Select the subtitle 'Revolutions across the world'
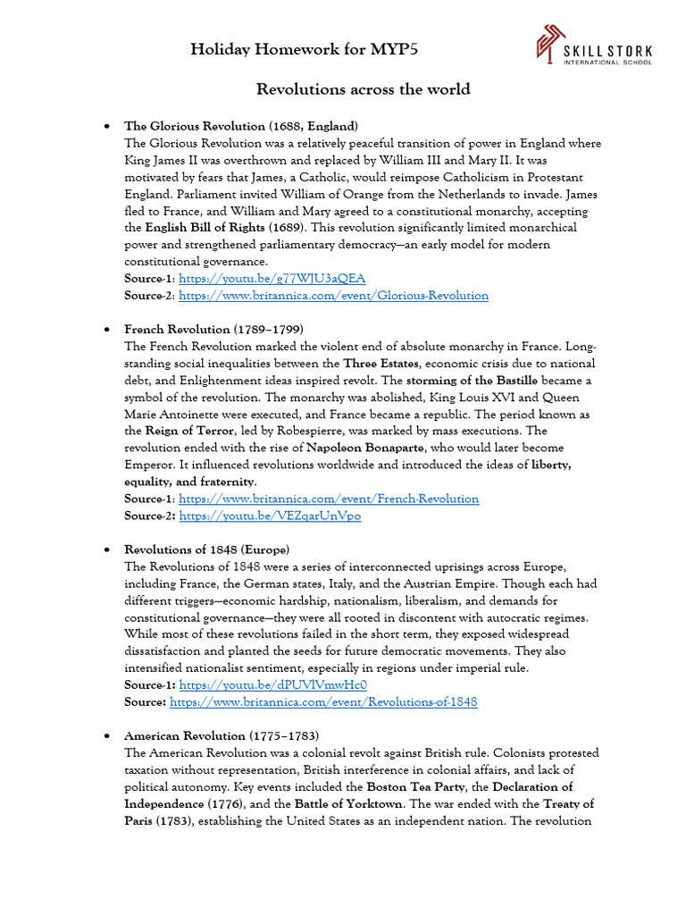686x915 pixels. click(363, 89)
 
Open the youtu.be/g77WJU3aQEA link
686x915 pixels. click(272, 279)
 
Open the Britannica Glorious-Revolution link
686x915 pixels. click(333, 295)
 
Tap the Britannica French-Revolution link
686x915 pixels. click(329, 499)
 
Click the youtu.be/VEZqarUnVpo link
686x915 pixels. click(270, 516)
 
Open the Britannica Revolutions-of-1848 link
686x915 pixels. click(323, 702)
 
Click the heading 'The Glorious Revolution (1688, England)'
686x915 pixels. click(241, 126)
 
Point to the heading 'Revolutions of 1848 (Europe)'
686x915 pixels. click(206, 550)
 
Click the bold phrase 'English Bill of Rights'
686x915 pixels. click(205, 228)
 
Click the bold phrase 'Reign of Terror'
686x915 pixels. click(191, 431)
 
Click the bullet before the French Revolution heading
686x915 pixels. click(107, 330)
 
